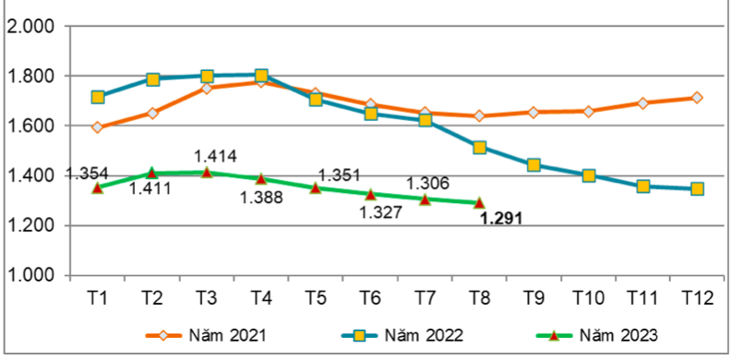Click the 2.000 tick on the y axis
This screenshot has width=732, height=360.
coord(31,26)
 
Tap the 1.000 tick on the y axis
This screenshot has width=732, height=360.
coord(31,275)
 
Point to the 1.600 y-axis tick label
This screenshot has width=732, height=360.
coord(31,126)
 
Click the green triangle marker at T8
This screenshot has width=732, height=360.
coord(479,202)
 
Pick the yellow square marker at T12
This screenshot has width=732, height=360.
coord(697,188)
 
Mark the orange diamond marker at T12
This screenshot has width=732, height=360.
coord(697,97)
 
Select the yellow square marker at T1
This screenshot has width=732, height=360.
coord(98,97)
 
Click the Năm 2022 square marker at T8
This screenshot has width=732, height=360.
coord(479,148)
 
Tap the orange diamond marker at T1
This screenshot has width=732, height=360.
coord(98,127)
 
